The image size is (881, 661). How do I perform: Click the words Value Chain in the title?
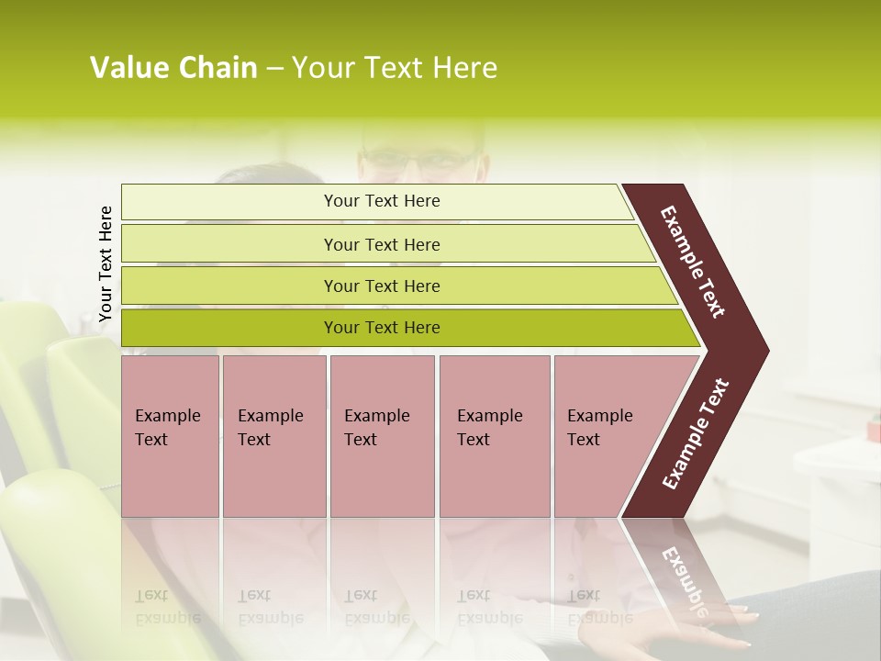tap(173, 68)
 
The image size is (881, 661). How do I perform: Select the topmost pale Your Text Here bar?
tap(381, 201)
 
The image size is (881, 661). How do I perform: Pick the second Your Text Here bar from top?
tap(381, 244)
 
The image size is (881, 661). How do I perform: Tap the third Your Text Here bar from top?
tap(381, 286)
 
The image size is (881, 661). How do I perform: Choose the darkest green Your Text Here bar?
tap(381, 328)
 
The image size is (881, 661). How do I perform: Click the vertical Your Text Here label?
tap(106, 263)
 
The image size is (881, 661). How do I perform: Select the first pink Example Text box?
tap(170, 435)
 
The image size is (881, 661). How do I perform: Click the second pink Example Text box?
tap(273, 435)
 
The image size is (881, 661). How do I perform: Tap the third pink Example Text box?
tap(381, 435)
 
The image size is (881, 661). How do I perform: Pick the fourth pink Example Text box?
tap(494, 435)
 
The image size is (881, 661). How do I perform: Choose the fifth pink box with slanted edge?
tap(606, 435)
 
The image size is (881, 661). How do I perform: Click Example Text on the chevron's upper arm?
tap(693, 262)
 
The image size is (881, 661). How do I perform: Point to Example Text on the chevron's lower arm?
tap(696, 433)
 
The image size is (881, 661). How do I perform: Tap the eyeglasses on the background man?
tap(421, 157)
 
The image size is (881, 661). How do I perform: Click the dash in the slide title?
tap(274, 69)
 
